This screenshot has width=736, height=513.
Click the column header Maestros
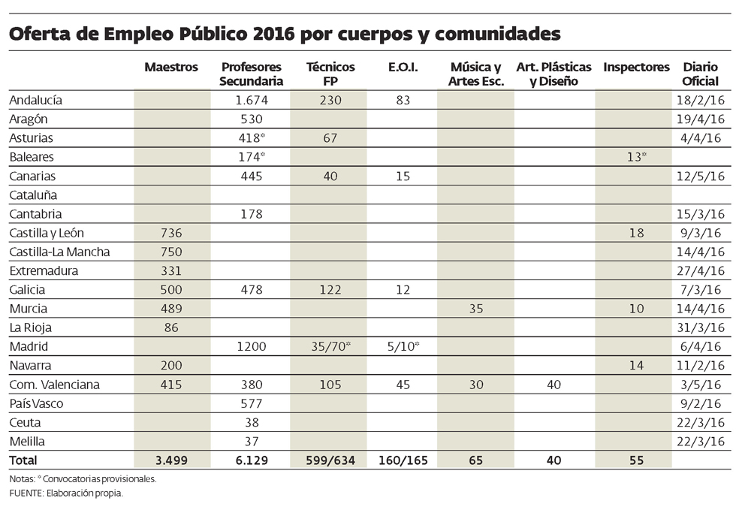pyautogui.click(x=171, y=68)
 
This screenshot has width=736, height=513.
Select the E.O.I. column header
pyautogui.click(x=403, y=68)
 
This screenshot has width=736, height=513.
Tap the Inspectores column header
pyautogui.click(x=636, y=68)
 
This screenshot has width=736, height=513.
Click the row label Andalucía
pyautogui.click(x=35, y=100)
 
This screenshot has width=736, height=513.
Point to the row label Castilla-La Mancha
pyautogui.click(x=59, y=252)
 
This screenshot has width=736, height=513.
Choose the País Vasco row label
pyautogui.click(x=36, y=403)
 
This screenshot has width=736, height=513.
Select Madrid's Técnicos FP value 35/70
pyautogui.click(x=330, y=347)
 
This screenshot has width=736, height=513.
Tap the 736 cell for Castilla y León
pyautogui.click(x=171, y=233)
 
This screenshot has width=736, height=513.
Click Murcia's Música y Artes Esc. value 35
pyautogui.click(x=475, y=309)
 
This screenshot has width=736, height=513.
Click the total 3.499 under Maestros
pyautogui.click(x=171, y=460)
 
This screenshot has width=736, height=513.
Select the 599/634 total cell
pyautogui.click(x=330, y=460)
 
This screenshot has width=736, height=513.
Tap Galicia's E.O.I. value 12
pyautogui.click(x=403, y=290)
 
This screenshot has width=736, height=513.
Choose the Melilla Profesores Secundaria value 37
pyautogui.click(x=252, y=442)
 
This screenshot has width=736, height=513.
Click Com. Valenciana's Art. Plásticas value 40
pyautogui.click(x=554, y=385)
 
